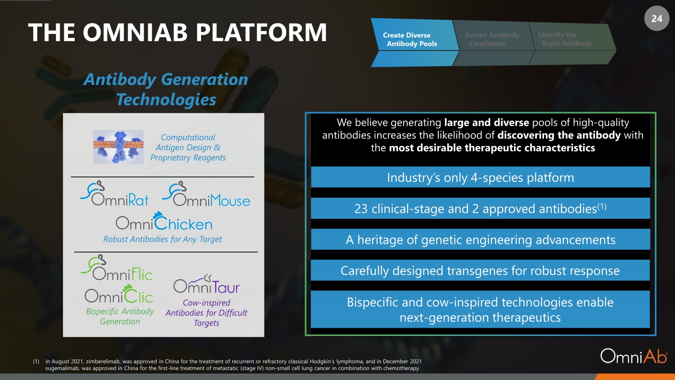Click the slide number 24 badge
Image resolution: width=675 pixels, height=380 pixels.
click(x=657, y=18)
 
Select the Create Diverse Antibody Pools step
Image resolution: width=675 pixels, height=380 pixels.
click(x=414, y=42)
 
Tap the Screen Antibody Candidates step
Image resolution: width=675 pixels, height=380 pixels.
click(x=492, y=42)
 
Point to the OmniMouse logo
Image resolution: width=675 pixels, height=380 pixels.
click(x=206, y=194)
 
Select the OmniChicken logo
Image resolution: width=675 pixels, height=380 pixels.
click(x=164, y=221)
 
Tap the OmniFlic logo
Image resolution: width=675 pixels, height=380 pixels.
click(x=117, y=267)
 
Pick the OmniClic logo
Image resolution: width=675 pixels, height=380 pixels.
click(x=119, y=294)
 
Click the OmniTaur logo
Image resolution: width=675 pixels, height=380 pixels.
click(x=207, y=284)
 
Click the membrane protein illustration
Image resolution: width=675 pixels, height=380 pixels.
click(x=118, y=147)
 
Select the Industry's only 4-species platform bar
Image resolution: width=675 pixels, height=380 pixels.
click(x=480, y=177)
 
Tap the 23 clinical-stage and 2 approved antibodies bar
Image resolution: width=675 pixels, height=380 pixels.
click(x=480, y=208)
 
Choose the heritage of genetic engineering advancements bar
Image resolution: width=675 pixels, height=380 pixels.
click(x=480, y=239)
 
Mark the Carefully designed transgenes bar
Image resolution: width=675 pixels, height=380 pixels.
click(x=480, y=270)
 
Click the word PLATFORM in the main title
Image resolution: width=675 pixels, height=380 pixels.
click(x=261, y=32)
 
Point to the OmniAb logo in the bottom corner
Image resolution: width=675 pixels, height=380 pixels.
click(x=634, y=356)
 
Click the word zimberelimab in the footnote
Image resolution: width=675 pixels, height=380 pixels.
click(x=103, y=361)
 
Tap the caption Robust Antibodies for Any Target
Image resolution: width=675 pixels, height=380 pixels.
click(x=162, y=239)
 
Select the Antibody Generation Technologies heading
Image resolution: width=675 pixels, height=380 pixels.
click(x=166, y=89)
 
